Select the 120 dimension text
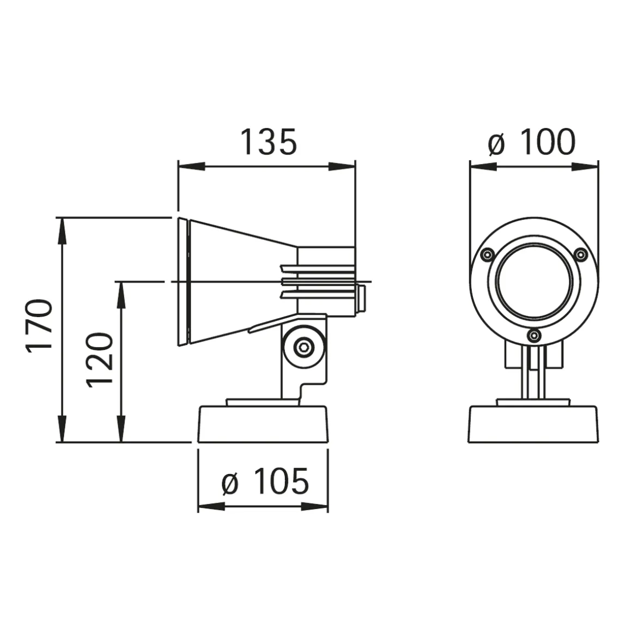pos(100,360)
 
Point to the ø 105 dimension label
pos(265,482)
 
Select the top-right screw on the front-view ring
pos(582,253)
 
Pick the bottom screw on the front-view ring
pos(534,336)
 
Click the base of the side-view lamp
pos(263,424)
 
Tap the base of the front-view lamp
pos(534,424)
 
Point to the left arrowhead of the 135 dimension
pos(188,167)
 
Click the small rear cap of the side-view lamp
pos(361,299)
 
